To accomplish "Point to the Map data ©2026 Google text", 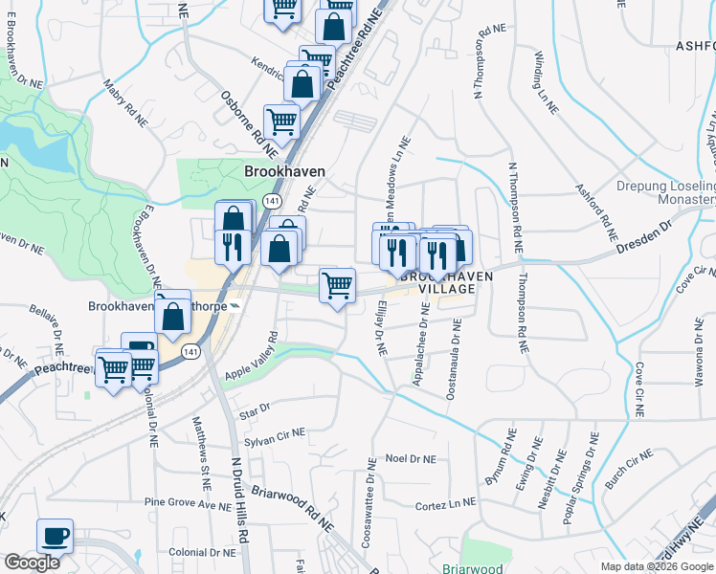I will click(x=656, y=566).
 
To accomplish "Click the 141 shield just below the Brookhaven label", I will click(x=273, y=202).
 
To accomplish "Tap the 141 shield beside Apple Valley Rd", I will click(x=192, y=352).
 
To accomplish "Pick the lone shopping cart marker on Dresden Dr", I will click(x=337, y=285).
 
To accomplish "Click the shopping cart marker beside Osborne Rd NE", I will click(x=281, y=121).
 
